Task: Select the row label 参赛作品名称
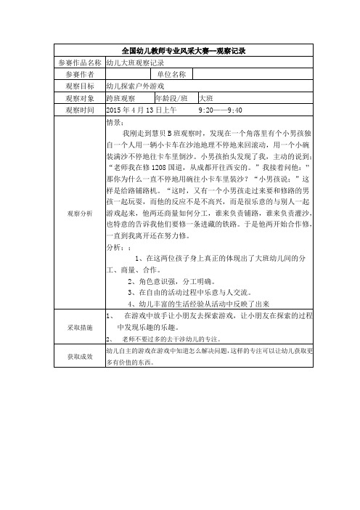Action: (x=79, y=63)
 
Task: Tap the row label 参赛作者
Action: (x=79, y=74)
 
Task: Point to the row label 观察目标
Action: (x=79, y=86)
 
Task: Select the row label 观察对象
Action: (x=79, y=97)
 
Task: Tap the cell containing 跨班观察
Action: (x=120, y=97)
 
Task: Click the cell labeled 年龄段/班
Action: (x=172, y=97)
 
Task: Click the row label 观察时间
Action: (x=79, y=109)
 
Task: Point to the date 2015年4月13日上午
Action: (x=142, y=109)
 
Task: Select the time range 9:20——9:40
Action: (x=220, y=109)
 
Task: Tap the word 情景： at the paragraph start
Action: (x=116, y=122)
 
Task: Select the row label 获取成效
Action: (x=79, y=356)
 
